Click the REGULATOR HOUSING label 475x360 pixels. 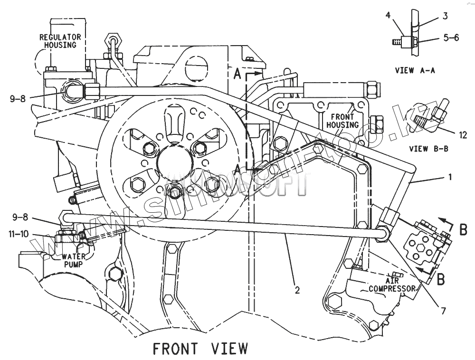[x=60, y=41]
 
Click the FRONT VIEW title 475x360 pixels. [x=200, y=348]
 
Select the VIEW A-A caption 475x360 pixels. [x=415, y=70]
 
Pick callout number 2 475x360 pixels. [x=297, y=290]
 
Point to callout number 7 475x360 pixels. [x=443, y=311]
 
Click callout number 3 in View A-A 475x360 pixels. [x=445, y=16]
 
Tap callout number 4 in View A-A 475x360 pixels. [x=388, y=16]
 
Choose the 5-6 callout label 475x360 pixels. [x=451, y=38]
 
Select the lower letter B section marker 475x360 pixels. [x=440, y=280]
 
